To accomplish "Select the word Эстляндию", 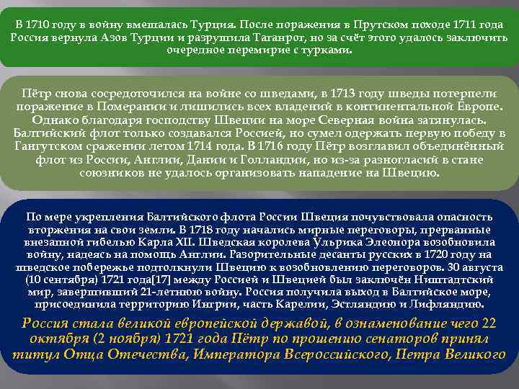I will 409,305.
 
